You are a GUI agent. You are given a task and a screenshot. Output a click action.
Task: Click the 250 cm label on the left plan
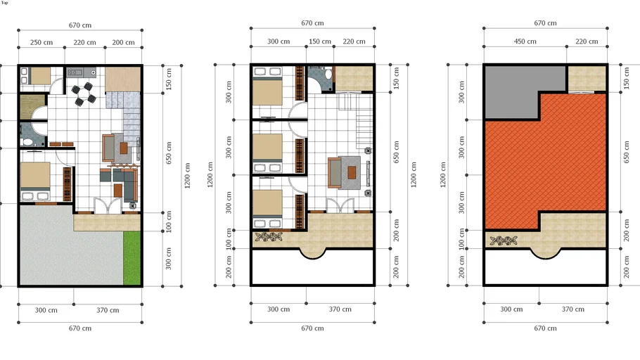[x=41, y=42]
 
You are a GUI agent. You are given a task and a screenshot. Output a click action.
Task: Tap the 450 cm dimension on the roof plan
[x=525, y=41]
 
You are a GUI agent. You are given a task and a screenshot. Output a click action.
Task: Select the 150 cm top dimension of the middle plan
[x=320, y=41]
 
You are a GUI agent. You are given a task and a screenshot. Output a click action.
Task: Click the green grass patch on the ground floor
[x=132, y=258]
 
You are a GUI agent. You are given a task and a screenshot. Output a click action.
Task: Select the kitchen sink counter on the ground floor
[x=82, y=72]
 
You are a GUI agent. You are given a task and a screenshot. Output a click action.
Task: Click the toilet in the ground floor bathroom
[x=28, y=142]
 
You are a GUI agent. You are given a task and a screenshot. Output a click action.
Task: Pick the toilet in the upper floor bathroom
[x=328, y=75]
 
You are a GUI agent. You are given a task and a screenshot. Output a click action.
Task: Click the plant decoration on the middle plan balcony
[x=268, y=237]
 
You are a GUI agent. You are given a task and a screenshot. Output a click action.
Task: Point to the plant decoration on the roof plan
[x=504, y=240]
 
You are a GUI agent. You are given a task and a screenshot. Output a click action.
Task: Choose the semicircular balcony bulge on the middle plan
[x=313, y=253]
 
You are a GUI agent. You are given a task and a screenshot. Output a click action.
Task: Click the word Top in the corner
[x=4, y=3]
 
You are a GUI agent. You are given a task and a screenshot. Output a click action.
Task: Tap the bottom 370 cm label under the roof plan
[x=573, y=309]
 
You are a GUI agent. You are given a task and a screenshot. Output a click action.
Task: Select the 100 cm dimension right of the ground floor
[x=169, y=221]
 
